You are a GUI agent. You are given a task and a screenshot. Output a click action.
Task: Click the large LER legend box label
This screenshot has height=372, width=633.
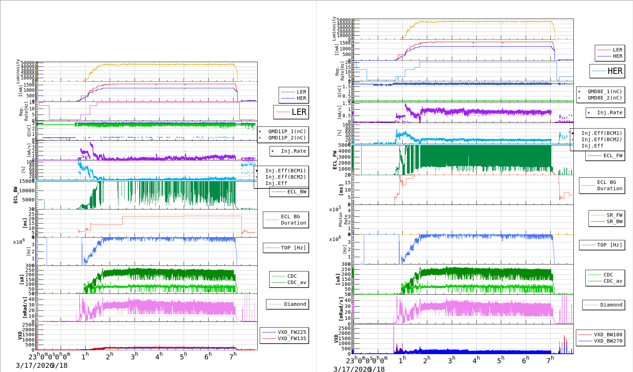click(x=299, y=112)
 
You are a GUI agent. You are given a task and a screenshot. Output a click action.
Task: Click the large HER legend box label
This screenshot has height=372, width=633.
click(x=615, y=71)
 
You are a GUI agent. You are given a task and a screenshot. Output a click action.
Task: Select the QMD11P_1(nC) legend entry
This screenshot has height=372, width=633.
click(x=287, y=131)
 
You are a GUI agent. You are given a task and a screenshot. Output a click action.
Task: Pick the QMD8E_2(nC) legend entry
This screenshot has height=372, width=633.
click(x=605, y=98)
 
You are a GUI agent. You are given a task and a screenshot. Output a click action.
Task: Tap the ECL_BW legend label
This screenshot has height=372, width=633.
click(x=297, y=192)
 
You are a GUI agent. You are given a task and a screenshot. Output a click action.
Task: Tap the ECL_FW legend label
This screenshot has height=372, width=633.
click(x=613, y=156)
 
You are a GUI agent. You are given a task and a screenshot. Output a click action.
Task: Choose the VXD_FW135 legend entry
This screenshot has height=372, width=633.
click(x=292, y=338)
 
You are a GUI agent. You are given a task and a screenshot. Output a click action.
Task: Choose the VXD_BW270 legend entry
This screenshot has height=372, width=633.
click(x=608, y=341)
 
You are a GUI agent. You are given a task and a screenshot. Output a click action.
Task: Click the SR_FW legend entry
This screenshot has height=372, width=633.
click(x=614, y=215)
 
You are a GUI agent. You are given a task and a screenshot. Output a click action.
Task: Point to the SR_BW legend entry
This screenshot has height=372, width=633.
click(x=614, y=221)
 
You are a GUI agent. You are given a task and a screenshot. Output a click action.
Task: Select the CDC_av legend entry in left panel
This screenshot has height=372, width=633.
click(x=297, y=282)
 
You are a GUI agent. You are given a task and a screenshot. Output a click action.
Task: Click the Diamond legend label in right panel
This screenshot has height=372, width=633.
click(x=611, y=305)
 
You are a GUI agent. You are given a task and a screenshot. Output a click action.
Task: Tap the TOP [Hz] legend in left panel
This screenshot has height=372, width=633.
click(x=293, y=248)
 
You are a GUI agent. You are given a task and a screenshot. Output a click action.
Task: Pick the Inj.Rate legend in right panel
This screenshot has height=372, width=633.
click(x=610, y=112)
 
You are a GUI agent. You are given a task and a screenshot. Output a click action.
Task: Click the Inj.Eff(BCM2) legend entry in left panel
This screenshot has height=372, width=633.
click(x=285, y=177)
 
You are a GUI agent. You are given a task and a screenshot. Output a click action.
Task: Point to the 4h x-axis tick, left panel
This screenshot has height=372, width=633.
click(x=159, y=356)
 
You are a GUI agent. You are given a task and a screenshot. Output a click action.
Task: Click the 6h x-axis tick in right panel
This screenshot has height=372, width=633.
click(x=525, y=360)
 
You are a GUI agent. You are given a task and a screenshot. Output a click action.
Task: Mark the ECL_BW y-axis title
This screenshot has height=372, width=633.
click(x=15, y=195)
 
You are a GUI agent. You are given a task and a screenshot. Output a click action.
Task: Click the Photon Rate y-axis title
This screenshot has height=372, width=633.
click(x=343, y=220)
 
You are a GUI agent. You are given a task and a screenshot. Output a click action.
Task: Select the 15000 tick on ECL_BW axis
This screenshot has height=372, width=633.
click(x=27, y=181)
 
